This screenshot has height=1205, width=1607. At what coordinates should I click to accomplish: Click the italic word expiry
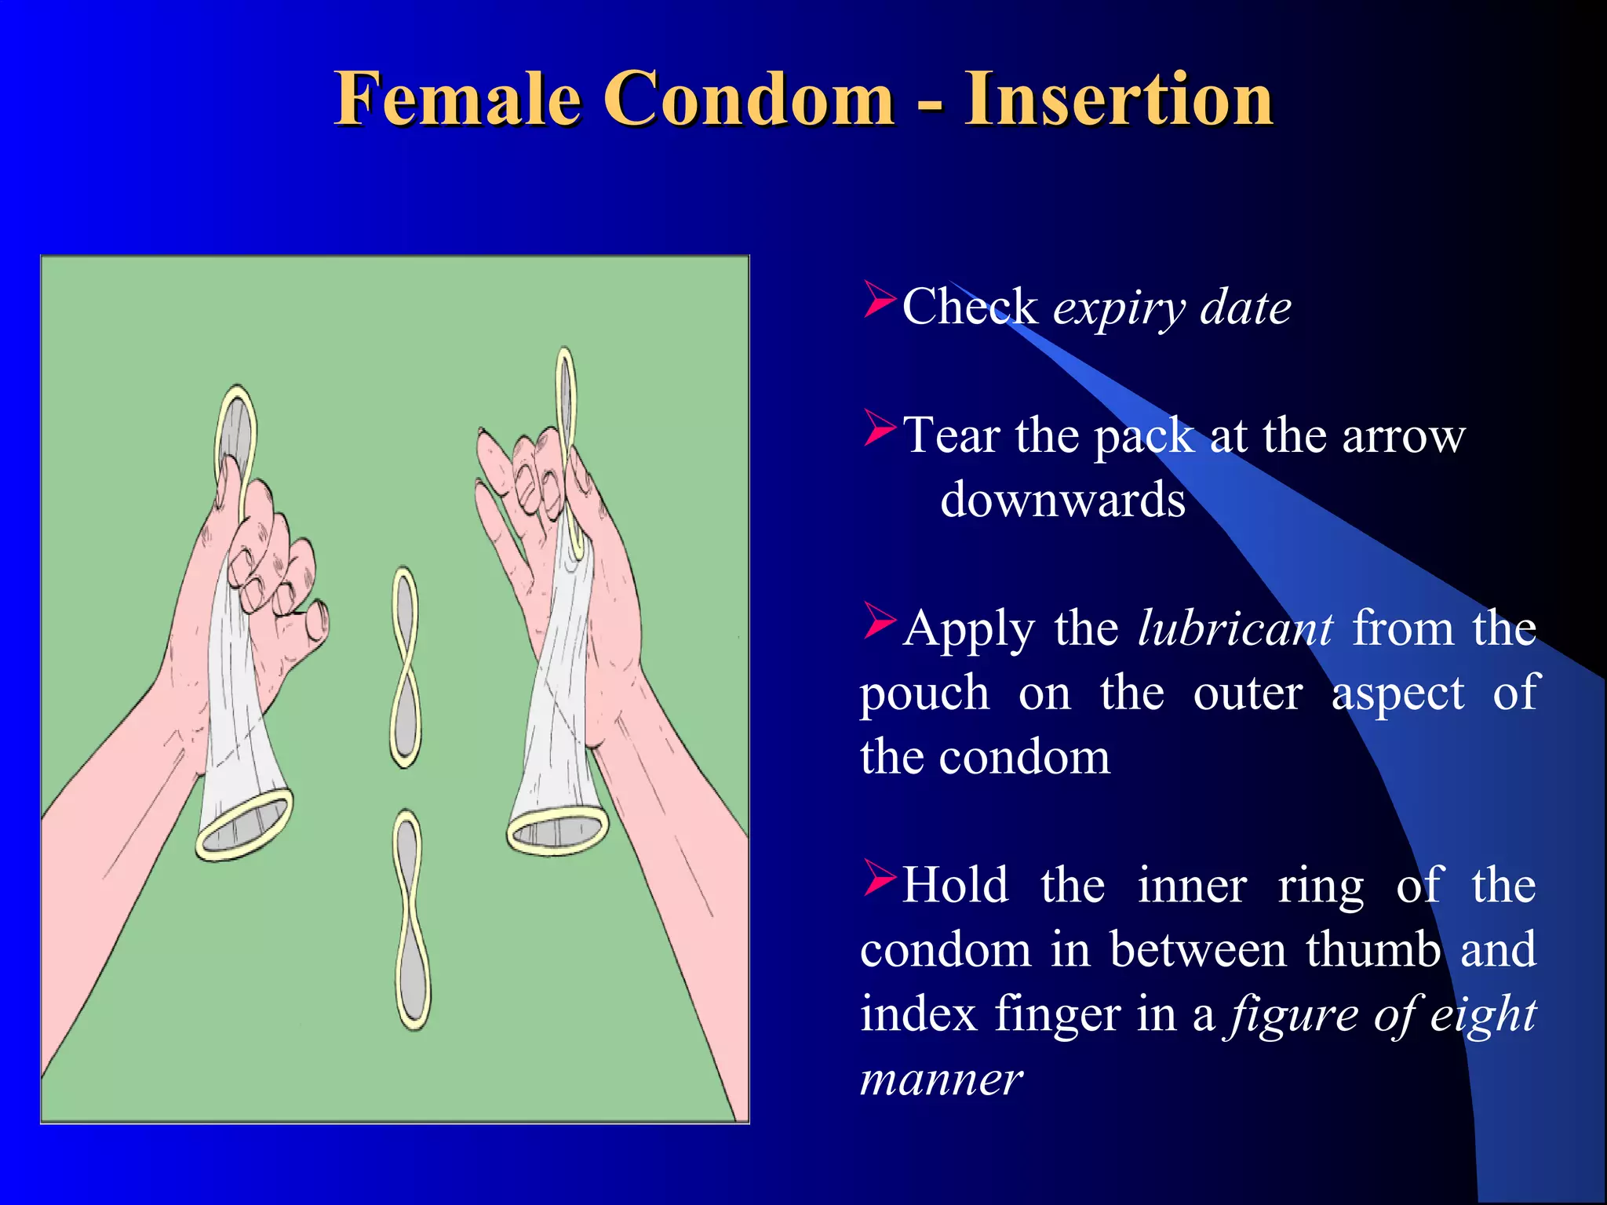[1118, 308]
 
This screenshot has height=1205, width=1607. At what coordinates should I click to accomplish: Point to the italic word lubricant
[1234, 629]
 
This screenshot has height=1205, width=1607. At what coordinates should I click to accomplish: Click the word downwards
[1062, 501]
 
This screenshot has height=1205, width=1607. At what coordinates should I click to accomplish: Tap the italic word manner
[941, 1079]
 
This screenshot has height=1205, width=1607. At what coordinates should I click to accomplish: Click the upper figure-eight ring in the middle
[405, 668]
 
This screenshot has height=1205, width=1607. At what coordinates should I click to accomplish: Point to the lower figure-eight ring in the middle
[412, 920]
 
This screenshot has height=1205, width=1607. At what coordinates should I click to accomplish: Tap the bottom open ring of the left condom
[244, 826]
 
